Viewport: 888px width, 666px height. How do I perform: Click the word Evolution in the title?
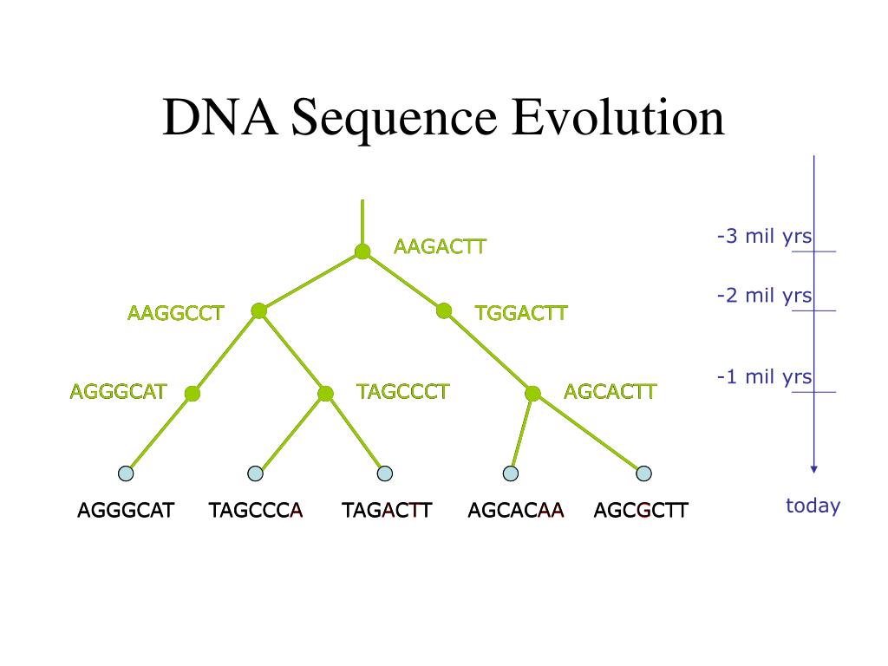617,118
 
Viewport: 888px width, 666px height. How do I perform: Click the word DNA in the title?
219,118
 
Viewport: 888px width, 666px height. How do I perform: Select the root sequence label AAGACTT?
440,246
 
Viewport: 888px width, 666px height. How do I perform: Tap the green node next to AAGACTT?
362,251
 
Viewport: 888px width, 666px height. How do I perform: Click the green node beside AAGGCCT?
258,310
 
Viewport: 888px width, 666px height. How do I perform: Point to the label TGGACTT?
521,313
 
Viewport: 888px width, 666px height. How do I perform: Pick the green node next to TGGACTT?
444,310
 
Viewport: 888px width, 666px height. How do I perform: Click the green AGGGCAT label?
118,392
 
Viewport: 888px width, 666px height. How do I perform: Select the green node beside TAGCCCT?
325,394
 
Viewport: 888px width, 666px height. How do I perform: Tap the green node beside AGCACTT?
533,394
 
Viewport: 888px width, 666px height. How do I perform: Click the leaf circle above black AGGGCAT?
126,473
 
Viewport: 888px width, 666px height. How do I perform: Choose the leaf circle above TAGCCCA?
255,473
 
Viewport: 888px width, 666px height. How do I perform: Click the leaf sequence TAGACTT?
387,510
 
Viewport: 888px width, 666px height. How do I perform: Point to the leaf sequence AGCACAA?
516,510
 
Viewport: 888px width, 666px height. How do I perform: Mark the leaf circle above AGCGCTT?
643,473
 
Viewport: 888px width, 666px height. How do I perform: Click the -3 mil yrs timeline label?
764,236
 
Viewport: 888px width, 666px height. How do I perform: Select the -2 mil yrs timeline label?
764,296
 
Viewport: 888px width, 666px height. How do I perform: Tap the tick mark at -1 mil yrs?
813,392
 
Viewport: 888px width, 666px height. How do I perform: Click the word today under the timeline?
813,506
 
